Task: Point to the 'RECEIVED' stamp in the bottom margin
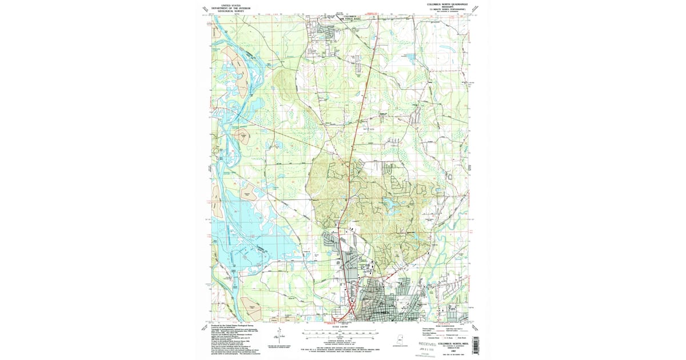427,344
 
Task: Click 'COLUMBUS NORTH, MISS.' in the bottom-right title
454,343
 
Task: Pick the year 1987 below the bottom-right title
454,351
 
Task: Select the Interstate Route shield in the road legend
427,338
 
